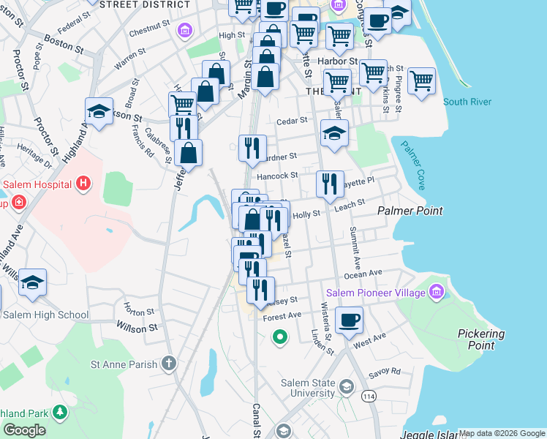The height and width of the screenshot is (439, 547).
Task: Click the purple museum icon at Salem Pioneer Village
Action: point(437,293)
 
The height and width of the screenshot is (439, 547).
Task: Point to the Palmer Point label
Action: point(410,211)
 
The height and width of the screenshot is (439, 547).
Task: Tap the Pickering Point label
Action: point(481,339)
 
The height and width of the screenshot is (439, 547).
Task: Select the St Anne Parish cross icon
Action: point(169,363)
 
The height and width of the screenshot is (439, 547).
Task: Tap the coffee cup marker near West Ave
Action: point(349,319)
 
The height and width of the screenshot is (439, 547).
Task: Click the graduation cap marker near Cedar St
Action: point(334,133)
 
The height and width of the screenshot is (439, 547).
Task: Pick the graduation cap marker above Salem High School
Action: point(32,282)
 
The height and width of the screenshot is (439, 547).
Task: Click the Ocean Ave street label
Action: point(363,273)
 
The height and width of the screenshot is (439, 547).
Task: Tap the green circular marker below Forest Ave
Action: point(279,337)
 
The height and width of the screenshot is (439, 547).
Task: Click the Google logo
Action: point(25,431)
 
